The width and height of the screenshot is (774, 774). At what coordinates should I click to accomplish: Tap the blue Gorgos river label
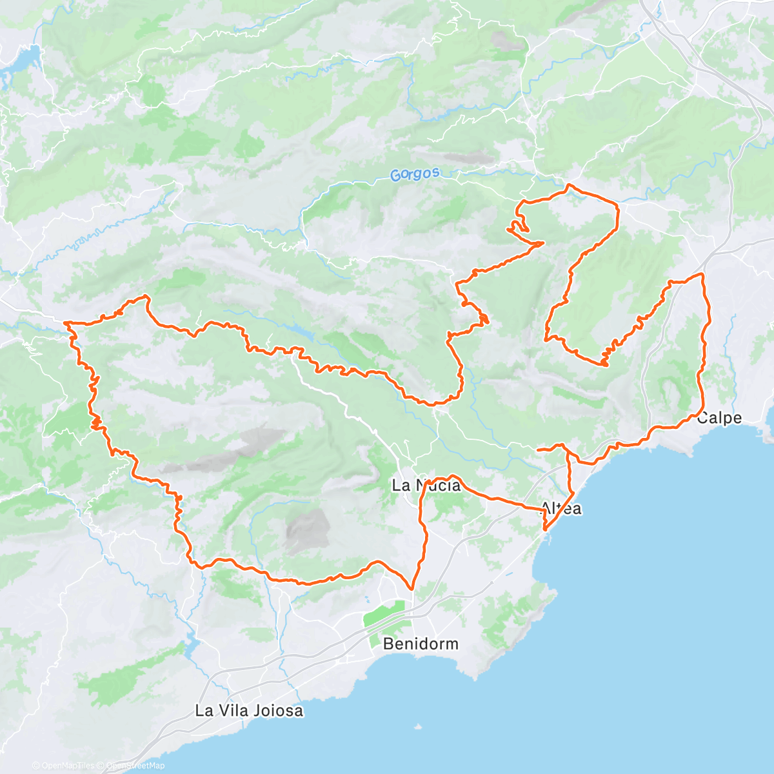pyautogui.click(x=415, y=174)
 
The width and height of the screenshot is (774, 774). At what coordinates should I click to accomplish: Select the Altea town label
pyautogui.click(x=561, y=508)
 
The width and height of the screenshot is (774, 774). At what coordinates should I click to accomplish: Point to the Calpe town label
pyautogui.click(x=719, y=418)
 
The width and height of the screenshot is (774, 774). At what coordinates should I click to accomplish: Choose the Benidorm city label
pyautogui.click(x=421, y=644)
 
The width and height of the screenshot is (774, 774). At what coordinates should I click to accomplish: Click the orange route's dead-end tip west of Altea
pyautogui.click(x=538, y=449)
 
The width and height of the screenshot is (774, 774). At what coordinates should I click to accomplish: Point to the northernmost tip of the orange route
pyautogui.click(x=568, y=186)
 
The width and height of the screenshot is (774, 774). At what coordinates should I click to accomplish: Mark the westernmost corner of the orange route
pyautogui.click(x=66, y=322)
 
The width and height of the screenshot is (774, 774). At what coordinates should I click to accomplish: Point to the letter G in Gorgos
pyautogui.click(x=395, y=175)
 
